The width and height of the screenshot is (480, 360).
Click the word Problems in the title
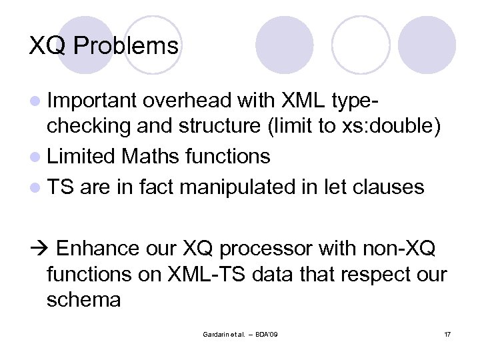click(x=127, y=46)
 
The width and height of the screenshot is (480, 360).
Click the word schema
click(x=83, y=300)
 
